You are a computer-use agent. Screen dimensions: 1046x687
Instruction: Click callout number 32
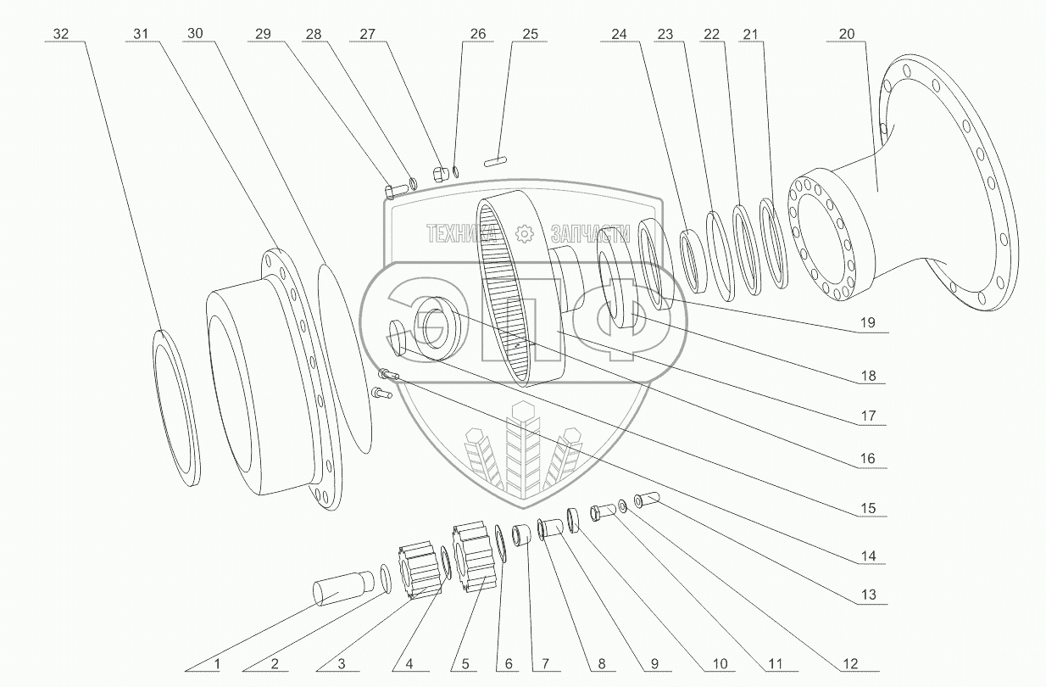click(x=61, y=34)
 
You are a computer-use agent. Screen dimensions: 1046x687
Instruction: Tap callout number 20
click(x=847, y=34)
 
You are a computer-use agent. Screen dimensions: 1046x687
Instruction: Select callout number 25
click(x=530, y=34)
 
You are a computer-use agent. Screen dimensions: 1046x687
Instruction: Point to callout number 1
click(x=217, y=663)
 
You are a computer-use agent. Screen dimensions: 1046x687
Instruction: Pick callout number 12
click(x=850, y=663)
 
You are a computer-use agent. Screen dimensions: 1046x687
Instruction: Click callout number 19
click(x=868, y=322)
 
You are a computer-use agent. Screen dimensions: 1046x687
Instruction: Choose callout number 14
click(x=869, y=556)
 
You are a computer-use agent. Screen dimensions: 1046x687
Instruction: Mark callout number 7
click(x=545, y=663)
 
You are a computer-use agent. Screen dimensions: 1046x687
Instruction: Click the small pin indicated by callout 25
click(x=495, y=162)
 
